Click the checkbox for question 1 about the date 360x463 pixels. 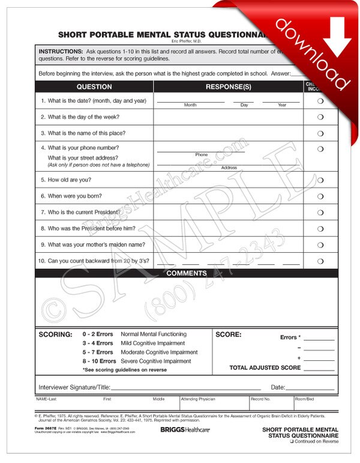[320, 101]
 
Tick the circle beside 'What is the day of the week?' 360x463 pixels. [320, 117]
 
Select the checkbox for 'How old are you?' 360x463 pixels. [320, 180]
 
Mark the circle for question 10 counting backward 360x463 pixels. [320, 261]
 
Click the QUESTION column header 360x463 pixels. [94, 86]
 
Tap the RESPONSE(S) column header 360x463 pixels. [229, 86]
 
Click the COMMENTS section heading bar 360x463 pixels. [186, 273]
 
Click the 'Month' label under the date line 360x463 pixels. [190, 105]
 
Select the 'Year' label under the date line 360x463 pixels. [281, 105]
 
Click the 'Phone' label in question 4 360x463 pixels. [201, 155]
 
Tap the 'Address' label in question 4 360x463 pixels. [229, 168]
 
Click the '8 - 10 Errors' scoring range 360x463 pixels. [99, 362]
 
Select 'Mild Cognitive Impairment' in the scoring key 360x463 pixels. [153, 343]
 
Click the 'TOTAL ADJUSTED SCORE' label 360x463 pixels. [265, 368]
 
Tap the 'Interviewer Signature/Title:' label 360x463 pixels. [74, 387]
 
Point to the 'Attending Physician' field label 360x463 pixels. [198, 398]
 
